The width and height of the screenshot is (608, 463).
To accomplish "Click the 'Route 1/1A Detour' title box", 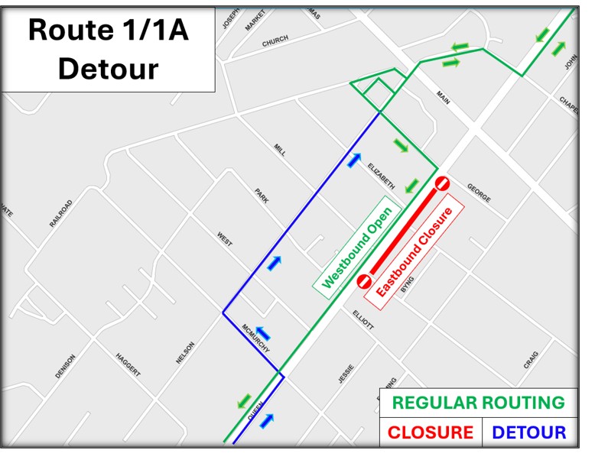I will (108, 50).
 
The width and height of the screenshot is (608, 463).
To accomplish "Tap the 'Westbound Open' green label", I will (357, 247).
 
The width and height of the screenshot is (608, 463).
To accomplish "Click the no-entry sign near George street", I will (442, 183).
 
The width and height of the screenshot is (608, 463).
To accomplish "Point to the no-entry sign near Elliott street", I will (363, 281).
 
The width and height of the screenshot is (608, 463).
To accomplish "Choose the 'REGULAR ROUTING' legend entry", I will (479, 403).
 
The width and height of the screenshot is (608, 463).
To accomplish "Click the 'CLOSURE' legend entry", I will (431, 432).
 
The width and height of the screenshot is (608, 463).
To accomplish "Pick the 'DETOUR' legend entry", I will (529, 432).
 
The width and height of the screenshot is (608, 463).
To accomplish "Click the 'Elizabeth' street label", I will (380, 176).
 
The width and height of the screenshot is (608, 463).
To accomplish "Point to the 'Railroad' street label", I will (61, 214).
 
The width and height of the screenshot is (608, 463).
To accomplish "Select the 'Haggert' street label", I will (128, 365).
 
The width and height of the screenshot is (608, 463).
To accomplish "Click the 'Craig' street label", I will (532, 360).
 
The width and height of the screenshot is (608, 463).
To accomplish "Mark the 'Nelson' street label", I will (185, 352).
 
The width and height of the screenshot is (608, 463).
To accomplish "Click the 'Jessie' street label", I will (346, 373).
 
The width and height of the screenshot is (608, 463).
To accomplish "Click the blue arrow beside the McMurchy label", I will (262, 334).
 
